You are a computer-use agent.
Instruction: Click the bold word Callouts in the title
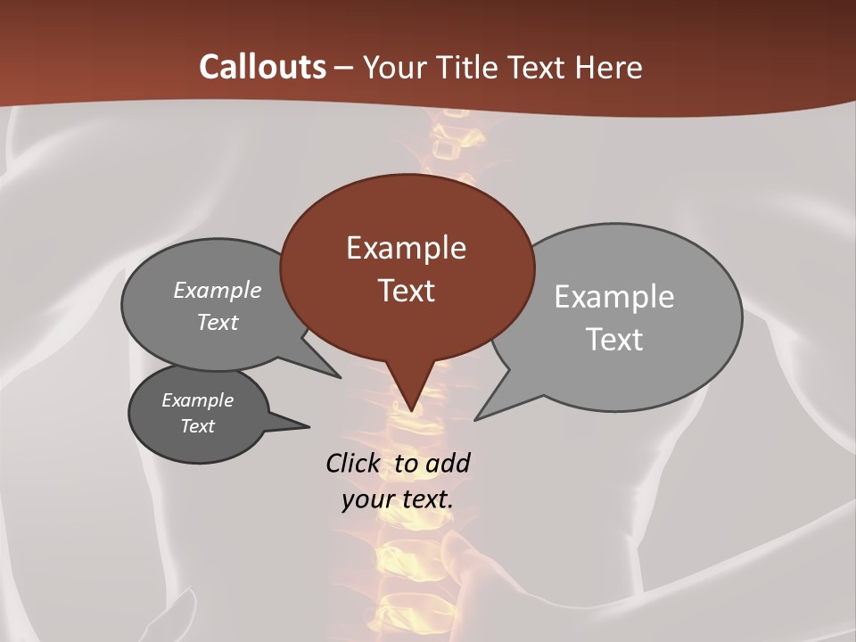[262, 67]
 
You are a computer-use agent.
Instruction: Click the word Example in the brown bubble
[406, 248]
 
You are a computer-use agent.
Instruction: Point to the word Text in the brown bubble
[406, 291]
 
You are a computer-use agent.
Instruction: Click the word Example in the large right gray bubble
[614, 297]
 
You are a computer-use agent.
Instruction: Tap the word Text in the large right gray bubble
[614, 340]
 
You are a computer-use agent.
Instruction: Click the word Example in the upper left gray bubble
[218, 291]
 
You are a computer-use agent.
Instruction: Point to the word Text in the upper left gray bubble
[218, 322]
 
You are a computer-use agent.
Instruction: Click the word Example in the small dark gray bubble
[198, 400]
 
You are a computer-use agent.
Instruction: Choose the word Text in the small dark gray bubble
[198, 426]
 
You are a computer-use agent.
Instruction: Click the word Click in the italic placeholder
[353, 464]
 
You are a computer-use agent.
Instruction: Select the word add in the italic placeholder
[448, 464]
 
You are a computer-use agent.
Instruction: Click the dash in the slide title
[344, 68]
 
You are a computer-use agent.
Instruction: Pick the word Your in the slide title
[392, 67]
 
